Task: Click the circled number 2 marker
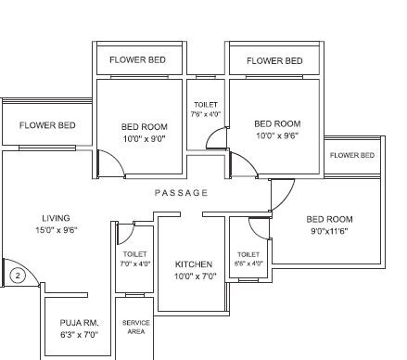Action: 16,275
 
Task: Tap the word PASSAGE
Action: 182,192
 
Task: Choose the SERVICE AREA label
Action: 136,327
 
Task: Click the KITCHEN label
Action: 194,264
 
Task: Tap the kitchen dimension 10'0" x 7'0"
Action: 194,276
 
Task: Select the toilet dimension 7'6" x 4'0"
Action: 206,114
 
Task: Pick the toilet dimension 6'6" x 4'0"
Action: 248,264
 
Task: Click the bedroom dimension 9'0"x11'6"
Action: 329,231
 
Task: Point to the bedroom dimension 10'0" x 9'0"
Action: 144,137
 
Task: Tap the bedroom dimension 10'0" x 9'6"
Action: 277,135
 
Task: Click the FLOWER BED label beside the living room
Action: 47,124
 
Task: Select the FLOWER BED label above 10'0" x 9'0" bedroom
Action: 138,60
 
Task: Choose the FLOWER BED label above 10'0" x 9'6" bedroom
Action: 274,61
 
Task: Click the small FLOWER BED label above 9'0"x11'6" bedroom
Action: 352,155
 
